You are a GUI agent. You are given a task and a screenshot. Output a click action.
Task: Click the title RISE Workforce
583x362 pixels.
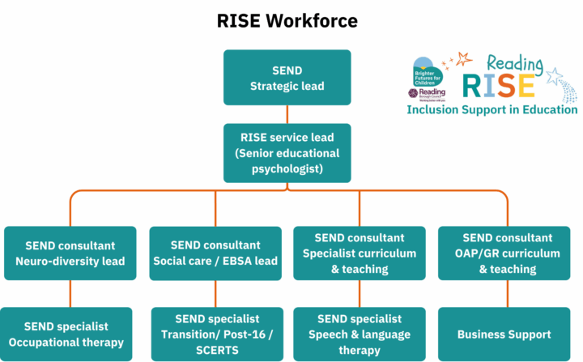287,20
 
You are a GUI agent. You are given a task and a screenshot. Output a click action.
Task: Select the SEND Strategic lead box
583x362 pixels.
287,78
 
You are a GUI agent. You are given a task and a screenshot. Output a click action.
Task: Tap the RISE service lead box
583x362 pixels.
287,152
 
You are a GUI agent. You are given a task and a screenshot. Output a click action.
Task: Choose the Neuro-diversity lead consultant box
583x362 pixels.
70,253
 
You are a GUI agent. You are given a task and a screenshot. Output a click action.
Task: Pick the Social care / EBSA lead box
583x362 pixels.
215,253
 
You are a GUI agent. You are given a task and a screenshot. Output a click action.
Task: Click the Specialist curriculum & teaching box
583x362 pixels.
360,253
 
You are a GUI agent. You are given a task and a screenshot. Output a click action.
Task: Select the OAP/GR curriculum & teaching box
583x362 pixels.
508,253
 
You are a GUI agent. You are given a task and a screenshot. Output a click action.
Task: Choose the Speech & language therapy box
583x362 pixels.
360,334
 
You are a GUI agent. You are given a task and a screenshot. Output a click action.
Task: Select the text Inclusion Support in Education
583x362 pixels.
492,109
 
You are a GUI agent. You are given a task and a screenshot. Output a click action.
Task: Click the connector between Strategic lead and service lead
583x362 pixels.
287,114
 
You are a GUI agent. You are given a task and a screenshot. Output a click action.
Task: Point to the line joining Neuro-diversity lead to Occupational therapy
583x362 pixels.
70,294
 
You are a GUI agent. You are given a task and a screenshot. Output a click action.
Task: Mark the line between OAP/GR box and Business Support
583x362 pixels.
508,294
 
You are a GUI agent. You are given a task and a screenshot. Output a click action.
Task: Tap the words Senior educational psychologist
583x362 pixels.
287,160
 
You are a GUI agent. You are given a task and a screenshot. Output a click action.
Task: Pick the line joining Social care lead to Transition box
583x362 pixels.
215,294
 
